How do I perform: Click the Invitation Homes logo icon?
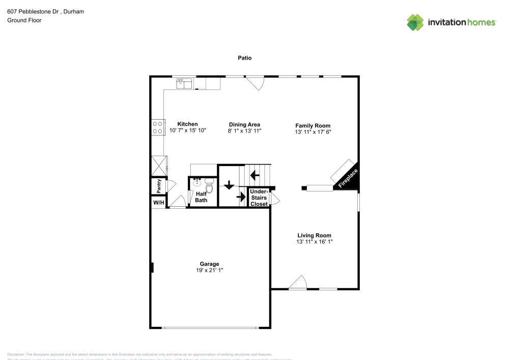tap(415, 22)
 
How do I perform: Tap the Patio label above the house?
tap(245, 58)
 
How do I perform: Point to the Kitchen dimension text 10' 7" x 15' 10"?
tap(187, 131)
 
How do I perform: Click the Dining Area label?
tap(244, 124)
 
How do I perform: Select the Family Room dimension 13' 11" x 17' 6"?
tap(313, 132)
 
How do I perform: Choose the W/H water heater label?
tap(159, 203)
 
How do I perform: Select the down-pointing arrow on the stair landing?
tap(229, 185)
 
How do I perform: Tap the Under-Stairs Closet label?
tap(259, 198)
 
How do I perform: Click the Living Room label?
tap(314, 235)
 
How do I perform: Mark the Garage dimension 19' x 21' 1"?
tap(209, 270)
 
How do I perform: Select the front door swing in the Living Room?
tap(298, 283)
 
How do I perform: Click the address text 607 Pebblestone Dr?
tap(39, 11)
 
